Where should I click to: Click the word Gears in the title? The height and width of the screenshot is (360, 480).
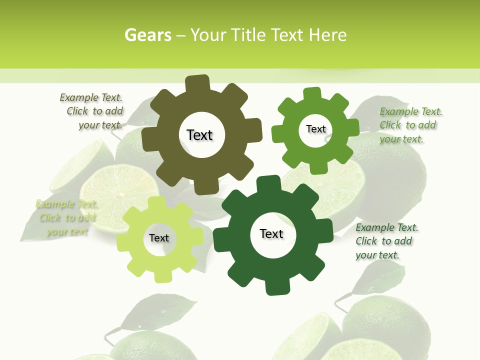click(x=147, y=35)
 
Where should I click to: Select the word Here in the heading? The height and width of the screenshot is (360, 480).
click(x=327, y=35)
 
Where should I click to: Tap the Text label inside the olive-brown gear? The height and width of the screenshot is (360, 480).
click(x=199, y=135)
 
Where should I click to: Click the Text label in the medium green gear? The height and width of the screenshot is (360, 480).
click(x=315, y=129)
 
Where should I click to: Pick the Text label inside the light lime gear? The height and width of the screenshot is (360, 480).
click(x=159, y=238)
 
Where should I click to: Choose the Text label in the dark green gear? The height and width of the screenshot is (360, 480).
click(x=271, y=233)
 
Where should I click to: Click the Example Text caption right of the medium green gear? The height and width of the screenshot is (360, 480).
click(x=410, y=125)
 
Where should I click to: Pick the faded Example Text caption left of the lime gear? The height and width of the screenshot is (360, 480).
click(x=66, y=217)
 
